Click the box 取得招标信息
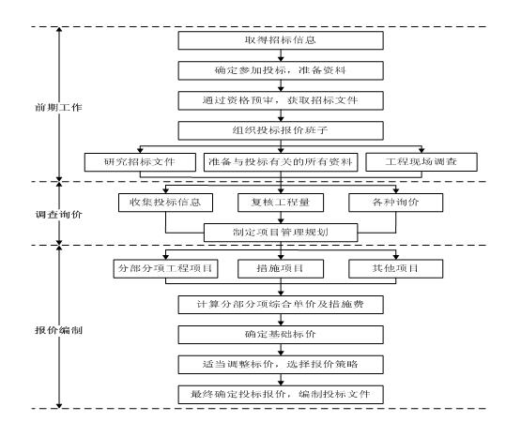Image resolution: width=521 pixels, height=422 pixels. pyautogui.click(x=281, y=40)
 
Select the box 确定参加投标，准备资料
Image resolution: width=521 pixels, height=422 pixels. pyautogui.click(x=281, y=70)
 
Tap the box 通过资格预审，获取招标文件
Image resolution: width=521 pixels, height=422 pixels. pyautogui.click(x=281, y=100)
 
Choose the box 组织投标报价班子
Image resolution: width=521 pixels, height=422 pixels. pyautogui.click(x=281, y=130)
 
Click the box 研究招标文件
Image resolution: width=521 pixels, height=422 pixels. pyautogui.click(x=140, y=162)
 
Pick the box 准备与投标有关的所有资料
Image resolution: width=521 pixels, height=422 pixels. pyautogui.click(x=281, y=162)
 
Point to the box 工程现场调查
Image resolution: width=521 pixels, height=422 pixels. pyautogui.click(x=421, y=162)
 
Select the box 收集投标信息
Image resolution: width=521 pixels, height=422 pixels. pyautogui.click(x=165, y=203)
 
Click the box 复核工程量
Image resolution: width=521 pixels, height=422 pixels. pyautogui.click(x=281, y=203)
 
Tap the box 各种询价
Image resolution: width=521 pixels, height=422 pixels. pyautogui.click(x=396, y=203)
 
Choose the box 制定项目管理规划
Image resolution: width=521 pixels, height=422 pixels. pyautogui.click(x=281, y=233)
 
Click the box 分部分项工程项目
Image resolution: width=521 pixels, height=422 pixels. pyautogui.click(x=165, y=268)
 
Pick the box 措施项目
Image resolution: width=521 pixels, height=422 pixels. pyautogui.click(x=281, y=268)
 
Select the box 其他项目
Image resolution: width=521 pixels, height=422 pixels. pyautogui.click(x=396, y=268)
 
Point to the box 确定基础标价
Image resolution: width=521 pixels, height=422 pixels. pyautogui.click(x=281, y=335)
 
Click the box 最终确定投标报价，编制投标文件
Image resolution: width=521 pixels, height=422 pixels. pyautogui.click(x=281, y=395)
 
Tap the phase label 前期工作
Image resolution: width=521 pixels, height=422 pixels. pyautogui.click(x=58, y=108)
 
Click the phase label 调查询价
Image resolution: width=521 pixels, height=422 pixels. pyautogui.click(x=58, y=215)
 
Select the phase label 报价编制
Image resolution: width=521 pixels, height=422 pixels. pyautogui.click(x=58, y=330)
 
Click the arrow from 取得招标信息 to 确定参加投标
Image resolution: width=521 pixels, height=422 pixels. pyautogui.click(x=281, y=55)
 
